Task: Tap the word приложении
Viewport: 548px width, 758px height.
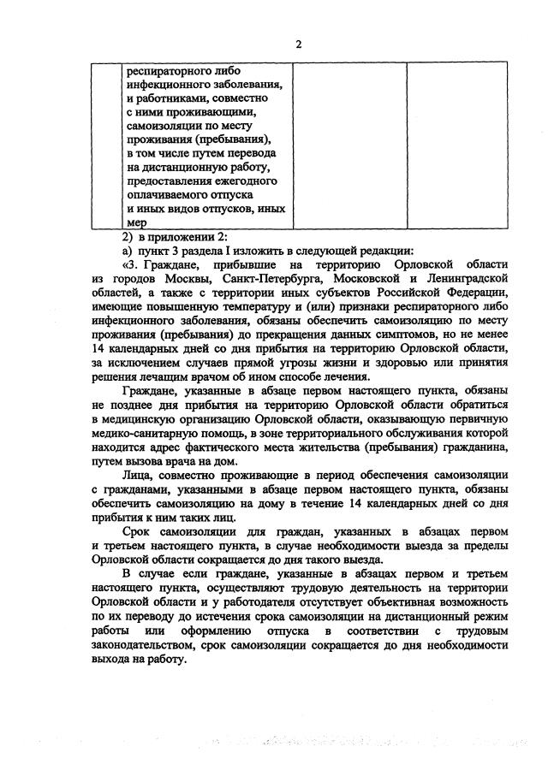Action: coord(177,237)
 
